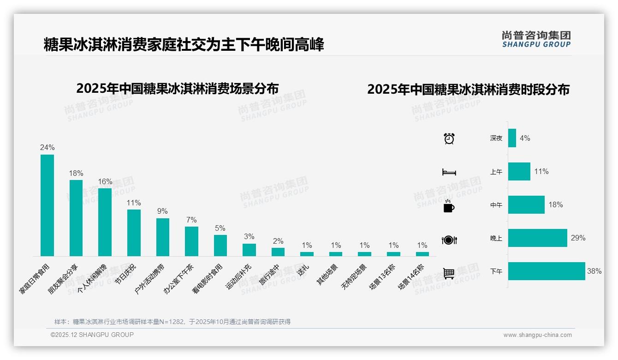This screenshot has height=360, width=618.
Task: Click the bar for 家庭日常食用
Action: point(47,205)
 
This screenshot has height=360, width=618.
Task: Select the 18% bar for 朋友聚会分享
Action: point(76,218)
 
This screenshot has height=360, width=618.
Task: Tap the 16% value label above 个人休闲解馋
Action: point(105,181)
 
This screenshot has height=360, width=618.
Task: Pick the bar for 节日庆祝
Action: point(134,233)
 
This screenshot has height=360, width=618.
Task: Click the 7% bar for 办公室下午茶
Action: point(191,241)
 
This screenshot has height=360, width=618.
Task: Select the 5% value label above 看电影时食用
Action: point(220,228)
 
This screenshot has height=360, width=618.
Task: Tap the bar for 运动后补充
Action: point(249,250)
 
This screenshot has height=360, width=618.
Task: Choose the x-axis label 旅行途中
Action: point(269,275)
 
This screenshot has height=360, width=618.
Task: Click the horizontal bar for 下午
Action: point(547,271)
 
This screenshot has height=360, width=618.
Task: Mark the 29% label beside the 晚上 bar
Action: point(578,238)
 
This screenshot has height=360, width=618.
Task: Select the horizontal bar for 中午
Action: point(526,205)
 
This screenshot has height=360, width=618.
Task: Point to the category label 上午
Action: point(496,172)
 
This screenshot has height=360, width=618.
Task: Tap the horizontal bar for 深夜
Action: point(512,138)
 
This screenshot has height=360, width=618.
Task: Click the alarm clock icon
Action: point(449,138)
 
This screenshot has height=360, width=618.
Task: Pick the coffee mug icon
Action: point(449,206)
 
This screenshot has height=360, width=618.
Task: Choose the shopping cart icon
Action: point(449,273)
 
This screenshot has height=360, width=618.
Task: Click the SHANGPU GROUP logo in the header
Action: point(536,39)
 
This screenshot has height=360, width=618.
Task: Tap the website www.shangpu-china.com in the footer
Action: point(537,335)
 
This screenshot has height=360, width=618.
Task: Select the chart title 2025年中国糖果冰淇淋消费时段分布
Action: point(468,89)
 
